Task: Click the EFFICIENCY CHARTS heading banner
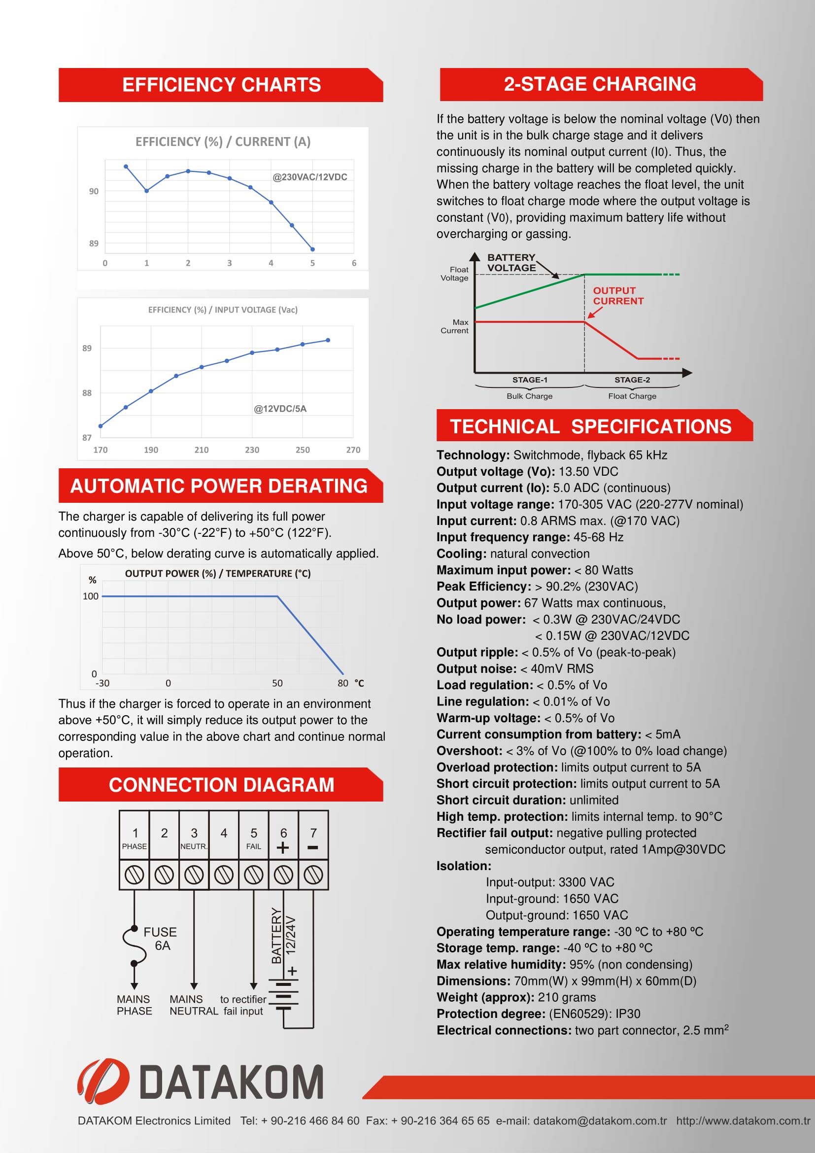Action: pyautogui.click(x=221, y=85)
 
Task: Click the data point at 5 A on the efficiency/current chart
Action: pyautogui.click(x=313, y=249)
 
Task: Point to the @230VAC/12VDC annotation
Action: pyautogui.click(x=309, y=177)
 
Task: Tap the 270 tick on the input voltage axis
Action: pyautogui.click(x=353, y=450)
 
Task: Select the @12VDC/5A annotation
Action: pyautogui.click(x=280, y=409)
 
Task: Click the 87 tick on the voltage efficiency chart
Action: pyautogui.click(x=87, y=437)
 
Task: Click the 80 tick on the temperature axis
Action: pyautogui.click(x=343, y=683)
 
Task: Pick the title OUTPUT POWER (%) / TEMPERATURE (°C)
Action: pyautogui.click(x=218, y=573)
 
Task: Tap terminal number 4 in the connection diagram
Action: pyautogui.click(x=224, y=833)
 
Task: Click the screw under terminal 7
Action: pyautogui.click(x=313, y=875)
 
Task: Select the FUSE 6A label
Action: pyautogui.click(x=160, y=939)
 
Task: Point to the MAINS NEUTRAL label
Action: pyautogui.click(x=193, y=1005)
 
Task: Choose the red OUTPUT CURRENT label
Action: pyautogui.click(x=618, y=296)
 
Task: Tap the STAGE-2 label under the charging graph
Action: pyautogui.click(x=632, y=380)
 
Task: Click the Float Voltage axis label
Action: pyautogui.click(x=455, y=274)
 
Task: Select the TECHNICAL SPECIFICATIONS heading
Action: pyautogui.click(x=591, y=426)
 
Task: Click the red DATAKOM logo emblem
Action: pyautogui.click(x=103, y=1082)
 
